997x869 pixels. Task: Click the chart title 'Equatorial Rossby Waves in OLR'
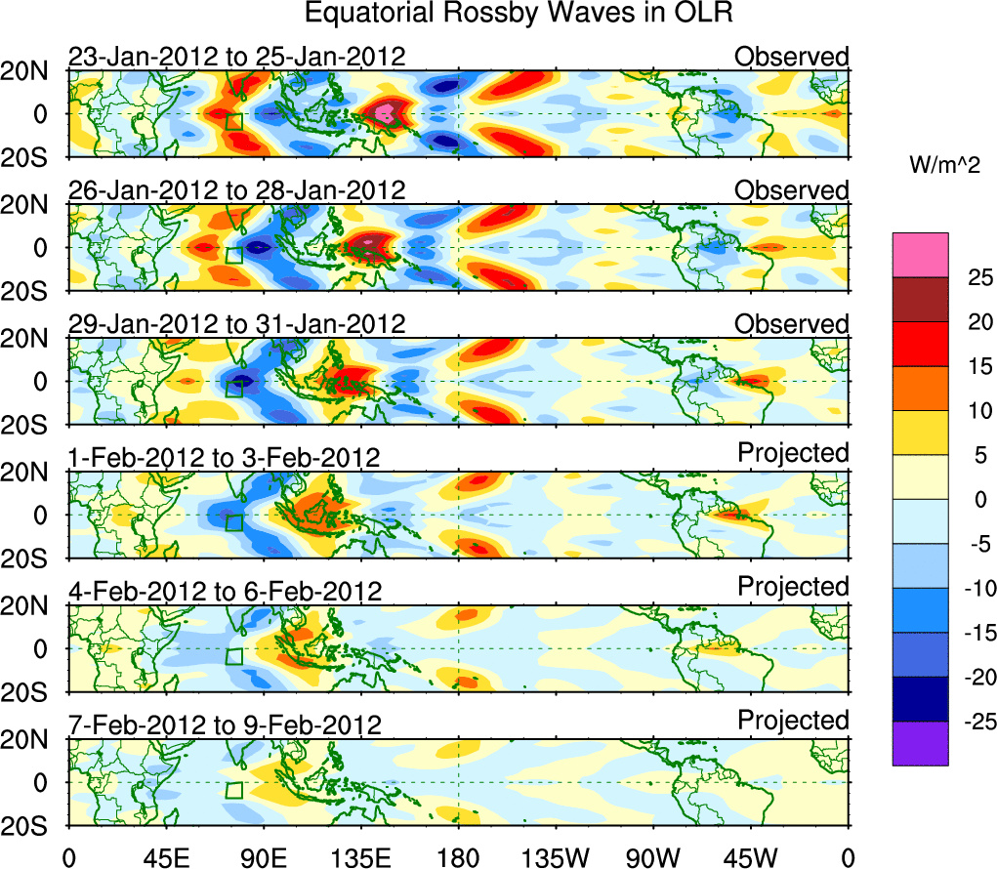(519, 14)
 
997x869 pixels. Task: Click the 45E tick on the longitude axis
(165, 856)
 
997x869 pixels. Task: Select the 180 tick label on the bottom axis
(458, 856)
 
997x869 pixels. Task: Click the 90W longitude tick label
(653, 856)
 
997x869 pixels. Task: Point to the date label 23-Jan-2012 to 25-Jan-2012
(236, 57)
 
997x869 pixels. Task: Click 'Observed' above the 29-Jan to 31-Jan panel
(792, 324)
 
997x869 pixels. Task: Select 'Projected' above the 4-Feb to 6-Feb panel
(793, 586)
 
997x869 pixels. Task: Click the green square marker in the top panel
(233, 121)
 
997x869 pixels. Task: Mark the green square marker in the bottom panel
(233, 790)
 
